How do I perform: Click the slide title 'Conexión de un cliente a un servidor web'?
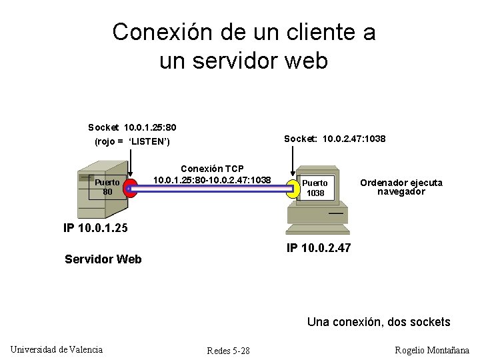pos(244,46)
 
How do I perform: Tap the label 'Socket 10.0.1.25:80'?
pos(132,127)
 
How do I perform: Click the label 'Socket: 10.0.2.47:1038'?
pos(335,139)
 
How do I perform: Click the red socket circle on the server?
pos(131,189)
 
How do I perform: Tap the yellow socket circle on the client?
pos(293,189)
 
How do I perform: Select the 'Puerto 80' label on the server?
pos(107,187)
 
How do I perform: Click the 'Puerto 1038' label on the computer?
pos(315,188)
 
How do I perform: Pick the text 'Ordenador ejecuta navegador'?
pos(401,187)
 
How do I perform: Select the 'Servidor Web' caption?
pos(103,259)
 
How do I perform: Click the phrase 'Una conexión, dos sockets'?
pos(379,322)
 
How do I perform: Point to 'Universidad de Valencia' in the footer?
pos(57,349)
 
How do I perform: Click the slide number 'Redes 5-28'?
pos(228,351)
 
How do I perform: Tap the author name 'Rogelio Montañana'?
pos(432,350)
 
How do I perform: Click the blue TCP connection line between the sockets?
pos(212,189)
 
